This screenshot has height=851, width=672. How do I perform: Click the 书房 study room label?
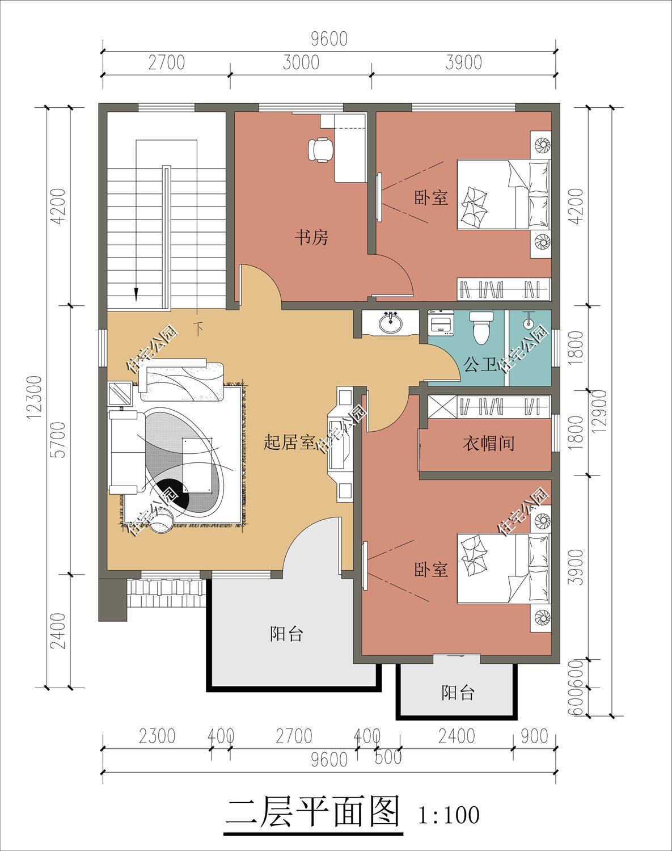[311, 238]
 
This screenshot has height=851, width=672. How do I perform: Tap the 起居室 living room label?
[289, 442]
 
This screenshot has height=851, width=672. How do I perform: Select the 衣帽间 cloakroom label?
[489, 443]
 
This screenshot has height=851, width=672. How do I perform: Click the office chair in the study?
[320, 149]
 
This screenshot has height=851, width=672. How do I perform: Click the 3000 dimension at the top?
[301, 62]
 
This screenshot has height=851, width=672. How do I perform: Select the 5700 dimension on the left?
[59, 440]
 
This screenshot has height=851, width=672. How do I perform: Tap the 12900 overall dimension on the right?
[599, 411]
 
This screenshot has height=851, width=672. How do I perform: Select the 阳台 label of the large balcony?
[286, 634]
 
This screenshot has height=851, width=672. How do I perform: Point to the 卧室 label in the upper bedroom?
[431, 197]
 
